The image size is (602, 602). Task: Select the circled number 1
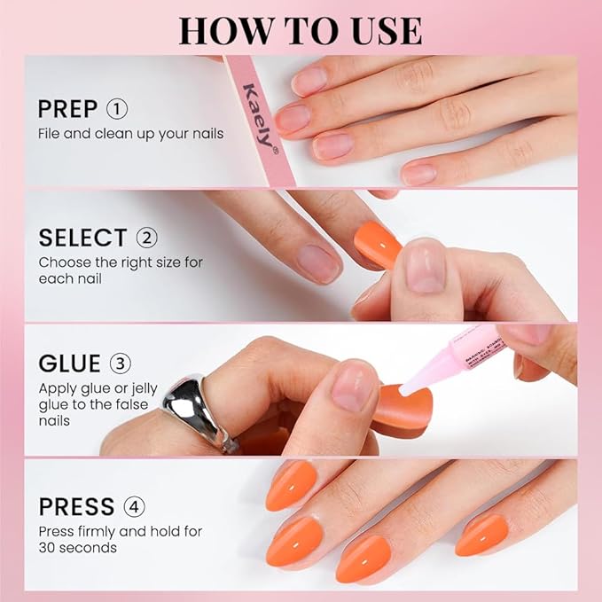click(x=117, y=109)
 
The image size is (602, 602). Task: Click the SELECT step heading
click(x=82, y=238)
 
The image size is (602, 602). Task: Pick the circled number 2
click(x=146, y=238)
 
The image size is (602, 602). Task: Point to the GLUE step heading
click(x=68, y=364)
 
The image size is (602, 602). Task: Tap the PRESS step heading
click(x=76, y=507)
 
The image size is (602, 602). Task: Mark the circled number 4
click(x=135, y=507)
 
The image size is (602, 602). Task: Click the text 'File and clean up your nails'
click(x=130, y=134)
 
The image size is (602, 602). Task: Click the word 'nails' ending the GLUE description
click(x=54, y=421)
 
